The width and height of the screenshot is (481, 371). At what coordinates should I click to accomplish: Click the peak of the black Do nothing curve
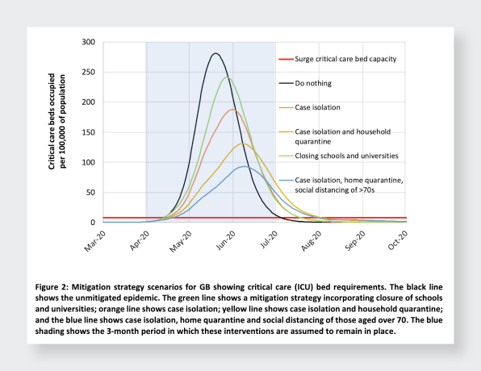click(215, 53)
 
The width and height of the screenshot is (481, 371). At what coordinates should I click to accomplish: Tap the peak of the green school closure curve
click(228, 77)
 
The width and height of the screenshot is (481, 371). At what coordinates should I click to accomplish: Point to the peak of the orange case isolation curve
click(232, 110)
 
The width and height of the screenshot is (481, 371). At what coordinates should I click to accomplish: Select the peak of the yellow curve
click(242, 144)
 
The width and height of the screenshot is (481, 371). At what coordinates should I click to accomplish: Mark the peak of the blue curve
click(245, 166)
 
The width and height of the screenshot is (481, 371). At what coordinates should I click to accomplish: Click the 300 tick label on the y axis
click(88, 42)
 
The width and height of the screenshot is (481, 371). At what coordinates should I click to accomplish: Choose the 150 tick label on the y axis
click(88, 132)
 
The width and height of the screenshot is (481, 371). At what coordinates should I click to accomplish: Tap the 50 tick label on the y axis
click(90, 192)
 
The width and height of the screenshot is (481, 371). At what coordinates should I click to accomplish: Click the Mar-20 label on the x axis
click(95, 241)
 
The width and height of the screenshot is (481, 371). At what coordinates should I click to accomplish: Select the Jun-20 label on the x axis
click(225, 240)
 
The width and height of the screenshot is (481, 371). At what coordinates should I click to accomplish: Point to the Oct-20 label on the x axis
click(398, 240)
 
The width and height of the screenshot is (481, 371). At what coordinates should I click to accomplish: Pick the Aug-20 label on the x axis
click(312, 241)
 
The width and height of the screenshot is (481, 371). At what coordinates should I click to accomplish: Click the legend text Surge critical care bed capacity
click(345, 59)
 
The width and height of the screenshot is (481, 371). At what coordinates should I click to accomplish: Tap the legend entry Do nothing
click(313, 83)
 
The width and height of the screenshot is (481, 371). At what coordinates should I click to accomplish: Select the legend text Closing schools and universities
click(346, 156)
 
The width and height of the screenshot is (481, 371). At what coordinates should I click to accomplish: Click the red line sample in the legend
click(286, 59)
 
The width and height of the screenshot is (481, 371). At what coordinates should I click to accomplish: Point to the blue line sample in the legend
click(286, 181)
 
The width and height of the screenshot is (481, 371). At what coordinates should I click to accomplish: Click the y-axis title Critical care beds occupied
click(52, 122)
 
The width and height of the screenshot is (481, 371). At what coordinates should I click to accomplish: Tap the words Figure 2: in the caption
click(51, 287)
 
